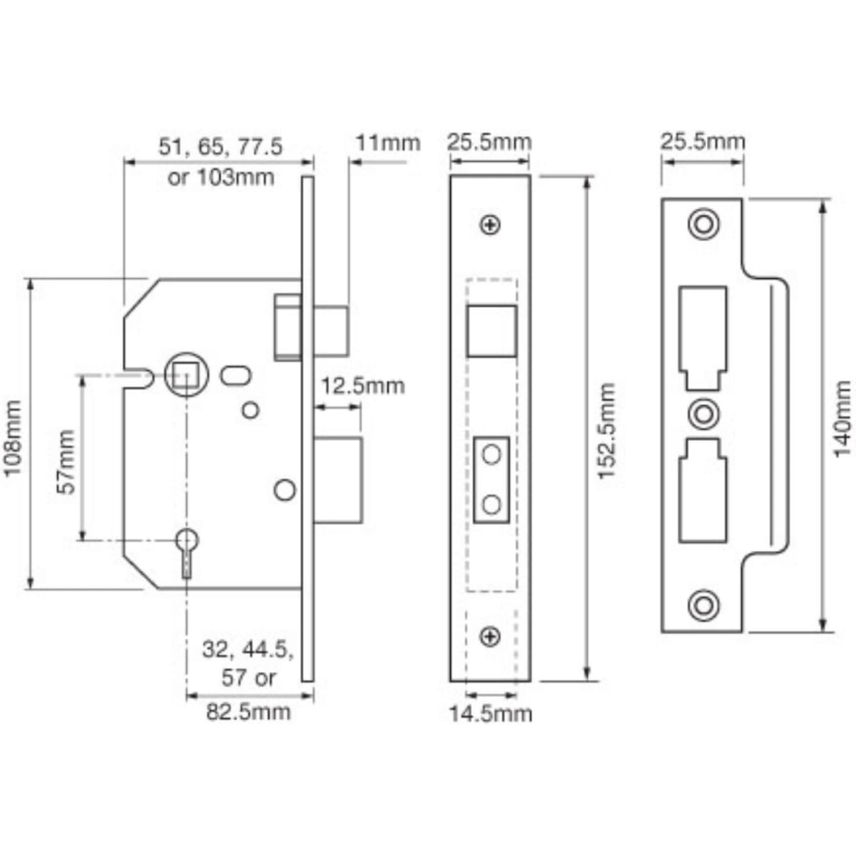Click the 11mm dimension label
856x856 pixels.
pos(388,143)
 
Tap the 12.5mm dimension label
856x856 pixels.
pos(362,386)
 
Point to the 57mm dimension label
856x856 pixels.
pos(66,462)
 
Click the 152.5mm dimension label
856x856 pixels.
pos(606,431)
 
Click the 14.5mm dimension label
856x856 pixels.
pos(491,713)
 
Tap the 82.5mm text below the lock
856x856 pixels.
pos(249,711)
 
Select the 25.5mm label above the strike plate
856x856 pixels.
pos(703,141)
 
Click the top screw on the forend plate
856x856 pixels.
pos(491,225)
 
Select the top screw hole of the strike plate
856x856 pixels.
pos(703,223)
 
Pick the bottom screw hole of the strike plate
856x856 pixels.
pos(703,605)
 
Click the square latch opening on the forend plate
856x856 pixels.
pos(491,330)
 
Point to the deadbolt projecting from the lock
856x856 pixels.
pos(338,481)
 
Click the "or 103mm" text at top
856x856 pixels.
pos(221,177)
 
